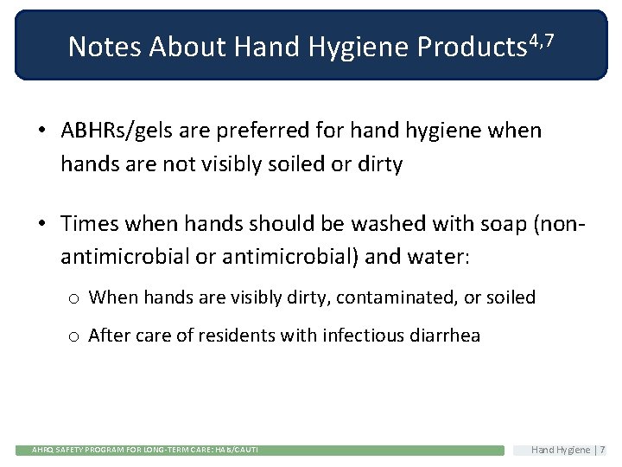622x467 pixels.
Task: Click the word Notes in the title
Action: (x=105, y=47)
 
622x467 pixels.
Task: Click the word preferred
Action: (x=258, y=131)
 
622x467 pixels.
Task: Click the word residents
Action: (x=237, y=336)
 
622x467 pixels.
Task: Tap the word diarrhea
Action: (x=444, y=336)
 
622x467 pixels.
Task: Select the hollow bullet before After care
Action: (x=74, y=336)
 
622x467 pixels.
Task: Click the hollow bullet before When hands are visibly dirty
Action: (x=74, y=298)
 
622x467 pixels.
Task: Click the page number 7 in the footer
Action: (x=602, y=450)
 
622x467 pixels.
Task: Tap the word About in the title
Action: (x=183, y=47)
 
